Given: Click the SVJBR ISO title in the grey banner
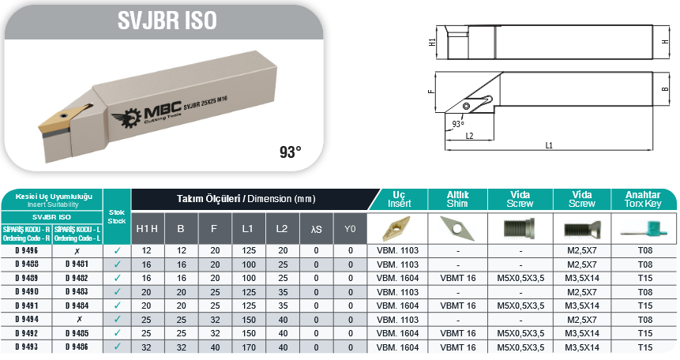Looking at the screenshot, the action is coord(167,21).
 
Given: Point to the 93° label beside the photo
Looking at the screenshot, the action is coord(290,152).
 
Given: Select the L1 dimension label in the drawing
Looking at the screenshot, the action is coord(549,145).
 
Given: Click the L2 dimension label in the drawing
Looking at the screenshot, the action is coord(469,136).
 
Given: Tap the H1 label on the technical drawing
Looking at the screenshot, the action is coord(432,42).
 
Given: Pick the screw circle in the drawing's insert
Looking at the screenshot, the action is coord(467,107).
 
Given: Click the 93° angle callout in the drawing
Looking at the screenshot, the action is coord(458,124).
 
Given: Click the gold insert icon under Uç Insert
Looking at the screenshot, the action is coord(397,229).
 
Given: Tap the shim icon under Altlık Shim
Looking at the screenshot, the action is coord(456,227).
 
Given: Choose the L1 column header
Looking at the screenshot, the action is coord(248,229).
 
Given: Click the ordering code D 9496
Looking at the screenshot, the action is coord(26,251).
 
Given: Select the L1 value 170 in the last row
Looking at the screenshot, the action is coord(249,347).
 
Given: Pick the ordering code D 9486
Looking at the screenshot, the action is coord(77,347).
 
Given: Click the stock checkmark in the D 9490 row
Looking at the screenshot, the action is coord(117,292).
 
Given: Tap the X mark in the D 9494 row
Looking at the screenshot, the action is coord(79,319).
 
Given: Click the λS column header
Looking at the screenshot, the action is coord(316,229).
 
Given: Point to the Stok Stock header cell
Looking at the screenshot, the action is coord(117,216).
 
